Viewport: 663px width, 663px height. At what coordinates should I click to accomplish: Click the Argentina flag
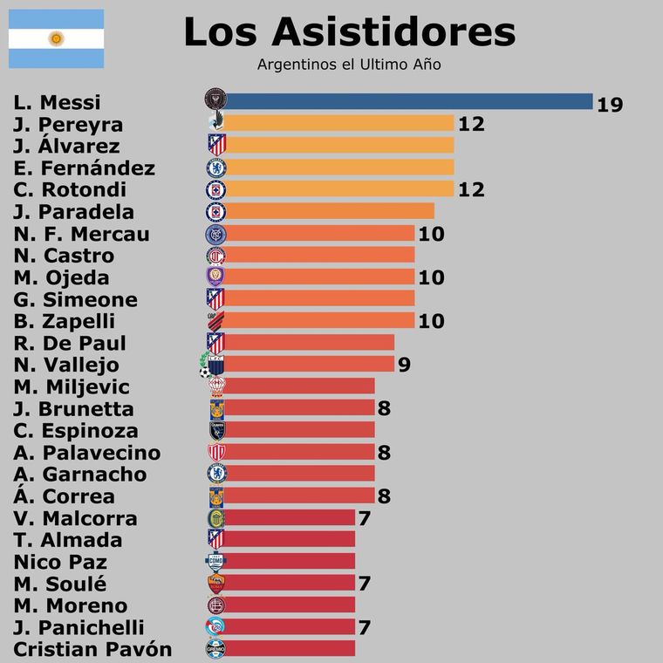point(56,38)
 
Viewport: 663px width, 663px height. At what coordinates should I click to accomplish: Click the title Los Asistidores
point(349,32)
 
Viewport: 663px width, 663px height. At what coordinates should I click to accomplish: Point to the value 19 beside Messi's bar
point(610,105)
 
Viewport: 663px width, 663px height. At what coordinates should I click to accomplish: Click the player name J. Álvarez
point(67,146)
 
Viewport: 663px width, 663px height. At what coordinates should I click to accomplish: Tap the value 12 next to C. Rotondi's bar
point(471,190)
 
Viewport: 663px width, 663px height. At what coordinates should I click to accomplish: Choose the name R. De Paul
point(70,343)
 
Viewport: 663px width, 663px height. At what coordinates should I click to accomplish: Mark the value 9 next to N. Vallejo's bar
point(404,366)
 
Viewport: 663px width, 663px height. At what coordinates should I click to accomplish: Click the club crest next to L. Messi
point(215,101)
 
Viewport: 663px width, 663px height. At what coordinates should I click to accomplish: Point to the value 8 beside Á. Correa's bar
point(384,496)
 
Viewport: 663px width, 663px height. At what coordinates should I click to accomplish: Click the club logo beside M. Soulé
point(215,583)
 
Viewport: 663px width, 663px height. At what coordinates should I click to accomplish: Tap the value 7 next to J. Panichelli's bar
point(365,627)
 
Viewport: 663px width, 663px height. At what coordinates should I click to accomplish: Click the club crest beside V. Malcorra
point(215,518)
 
